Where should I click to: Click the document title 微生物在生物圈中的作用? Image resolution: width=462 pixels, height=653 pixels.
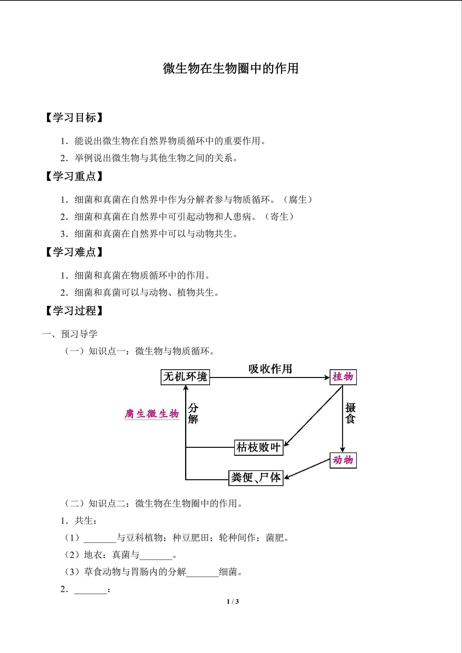click(x=231, y=68)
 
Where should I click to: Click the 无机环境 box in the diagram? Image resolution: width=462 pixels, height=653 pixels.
click(x=185, y=377)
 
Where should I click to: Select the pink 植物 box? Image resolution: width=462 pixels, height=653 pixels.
click(x=343, y=377)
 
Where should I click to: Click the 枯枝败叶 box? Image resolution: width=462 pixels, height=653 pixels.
click(x=259, y=447)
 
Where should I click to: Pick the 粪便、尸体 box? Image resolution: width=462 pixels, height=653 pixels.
click(x=256, y=478)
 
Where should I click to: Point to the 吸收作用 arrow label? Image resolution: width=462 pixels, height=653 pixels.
click(x=270, y=369)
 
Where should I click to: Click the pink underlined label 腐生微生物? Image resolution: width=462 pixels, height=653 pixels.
click(x=152, y=414)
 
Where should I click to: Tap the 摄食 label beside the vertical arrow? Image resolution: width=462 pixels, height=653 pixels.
click(x=350, y=413)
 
